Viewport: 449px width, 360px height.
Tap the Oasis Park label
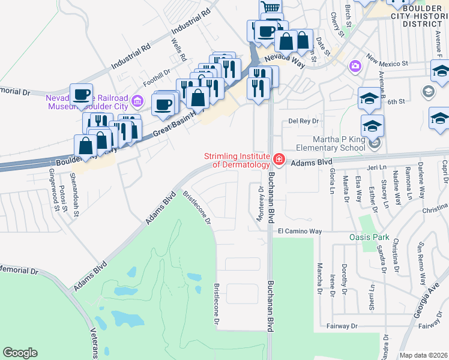point(369,237)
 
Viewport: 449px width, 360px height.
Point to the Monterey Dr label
point(261,204)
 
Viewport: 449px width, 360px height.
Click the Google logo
point(20,353)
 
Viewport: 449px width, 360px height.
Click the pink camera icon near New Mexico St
point(355,65)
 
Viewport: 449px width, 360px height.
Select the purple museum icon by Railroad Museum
point(137,100)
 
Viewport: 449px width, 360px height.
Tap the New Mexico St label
point(388,62)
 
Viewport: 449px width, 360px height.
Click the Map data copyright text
point(424,355)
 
